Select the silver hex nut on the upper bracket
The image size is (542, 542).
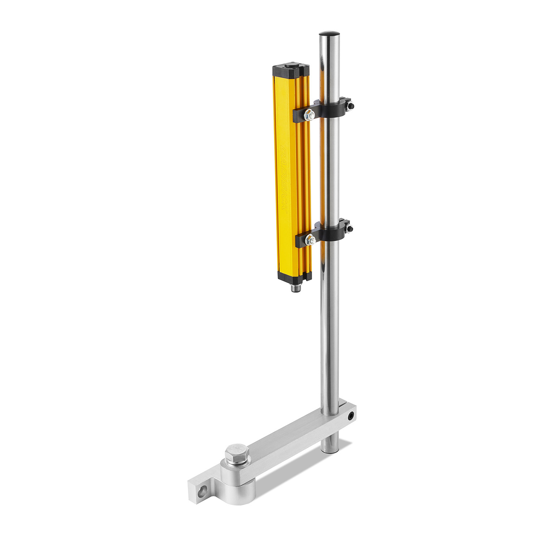click(310, 115)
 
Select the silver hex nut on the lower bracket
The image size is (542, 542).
click(310, 239)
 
